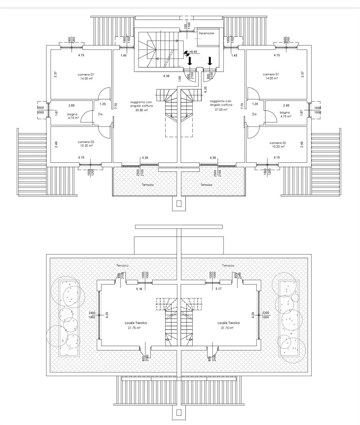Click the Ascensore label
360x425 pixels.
206,33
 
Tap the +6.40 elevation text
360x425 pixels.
193,52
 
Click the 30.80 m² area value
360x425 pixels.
142,110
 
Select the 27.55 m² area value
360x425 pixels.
221,109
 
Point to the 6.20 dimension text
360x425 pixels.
205,89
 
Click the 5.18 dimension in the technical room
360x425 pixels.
139,289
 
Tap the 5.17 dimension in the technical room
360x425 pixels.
219,289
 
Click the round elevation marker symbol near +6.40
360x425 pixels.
186,53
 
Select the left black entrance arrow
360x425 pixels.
190,61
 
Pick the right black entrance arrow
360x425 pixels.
210,61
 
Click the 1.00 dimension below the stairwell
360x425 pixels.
180,79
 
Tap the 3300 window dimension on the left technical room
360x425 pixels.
92,313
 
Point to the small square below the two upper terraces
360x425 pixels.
179,204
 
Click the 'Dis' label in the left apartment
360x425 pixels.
100,114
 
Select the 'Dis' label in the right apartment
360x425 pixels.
254,114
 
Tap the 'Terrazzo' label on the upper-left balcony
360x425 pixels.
148,185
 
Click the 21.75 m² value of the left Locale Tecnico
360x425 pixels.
134,328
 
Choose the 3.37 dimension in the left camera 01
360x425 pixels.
55,74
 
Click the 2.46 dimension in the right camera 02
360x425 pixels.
302,145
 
